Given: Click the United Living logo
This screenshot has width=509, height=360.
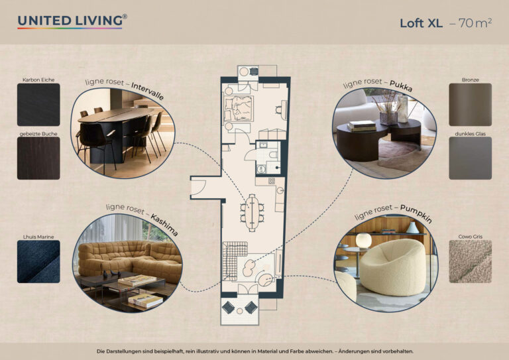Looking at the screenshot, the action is (72, 21).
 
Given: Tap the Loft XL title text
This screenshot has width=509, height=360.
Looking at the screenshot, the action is (421, 23).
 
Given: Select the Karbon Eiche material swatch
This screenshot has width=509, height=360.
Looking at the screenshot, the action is (38, 105).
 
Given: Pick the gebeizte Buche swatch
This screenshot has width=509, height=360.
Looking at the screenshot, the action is (38, 158).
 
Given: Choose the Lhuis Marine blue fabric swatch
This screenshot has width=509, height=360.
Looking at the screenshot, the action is (38, 261).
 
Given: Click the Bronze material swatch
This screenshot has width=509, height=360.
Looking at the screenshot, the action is (470, 105).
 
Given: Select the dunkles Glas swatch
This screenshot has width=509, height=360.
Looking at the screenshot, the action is (470, 158).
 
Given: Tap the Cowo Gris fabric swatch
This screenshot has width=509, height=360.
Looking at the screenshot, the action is (470, 261).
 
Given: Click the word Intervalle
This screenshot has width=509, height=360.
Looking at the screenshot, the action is (148, 91).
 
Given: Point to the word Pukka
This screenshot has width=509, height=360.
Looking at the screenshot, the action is (401, 86).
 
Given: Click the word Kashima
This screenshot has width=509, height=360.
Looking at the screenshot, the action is (164, 225).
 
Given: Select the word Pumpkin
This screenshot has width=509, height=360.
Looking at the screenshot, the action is (416, 213).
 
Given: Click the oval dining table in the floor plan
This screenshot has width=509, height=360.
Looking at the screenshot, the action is (253, 212).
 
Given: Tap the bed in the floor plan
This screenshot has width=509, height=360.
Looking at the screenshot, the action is (239, 109).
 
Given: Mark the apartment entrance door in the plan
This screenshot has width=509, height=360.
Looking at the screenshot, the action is (198, 188).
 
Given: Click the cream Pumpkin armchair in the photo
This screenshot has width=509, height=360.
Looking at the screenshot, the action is (393, 267).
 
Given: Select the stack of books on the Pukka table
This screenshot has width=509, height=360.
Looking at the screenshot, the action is (362, 126).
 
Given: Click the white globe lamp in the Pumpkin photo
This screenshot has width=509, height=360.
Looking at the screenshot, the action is (363, 241).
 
